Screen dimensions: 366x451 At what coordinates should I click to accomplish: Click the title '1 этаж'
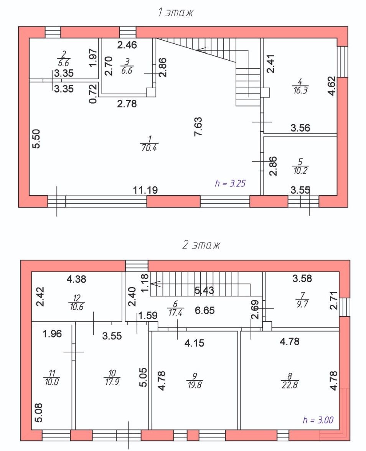(175, 13)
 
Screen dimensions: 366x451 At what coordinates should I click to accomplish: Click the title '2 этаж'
(201, 245)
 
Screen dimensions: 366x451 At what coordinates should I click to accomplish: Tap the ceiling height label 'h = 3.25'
(230, 183)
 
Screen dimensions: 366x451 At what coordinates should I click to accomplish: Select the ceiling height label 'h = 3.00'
(318, 420)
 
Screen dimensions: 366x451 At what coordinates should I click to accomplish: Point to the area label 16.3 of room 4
(300, 91)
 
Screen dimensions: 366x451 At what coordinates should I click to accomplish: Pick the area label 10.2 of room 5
(300, 171)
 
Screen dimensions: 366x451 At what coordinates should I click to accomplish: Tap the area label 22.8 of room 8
(289, 385)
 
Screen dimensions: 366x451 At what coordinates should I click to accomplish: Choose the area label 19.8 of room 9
(195, 385)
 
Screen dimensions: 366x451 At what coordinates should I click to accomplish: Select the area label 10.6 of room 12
(77, 307)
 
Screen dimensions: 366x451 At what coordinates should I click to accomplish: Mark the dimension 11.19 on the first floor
(145, 190)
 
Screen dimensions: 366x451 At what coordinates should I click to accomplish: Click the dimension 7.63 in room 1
(199, 127)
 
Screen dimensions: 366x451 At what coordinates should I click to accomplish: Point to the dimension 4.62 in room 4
(332, 86)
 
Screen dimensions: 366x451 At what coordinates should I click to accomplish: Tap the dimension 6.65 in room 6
(204, 310)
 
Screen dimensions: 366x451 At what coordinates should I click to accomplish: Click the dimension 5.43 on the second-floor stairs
(204, 291)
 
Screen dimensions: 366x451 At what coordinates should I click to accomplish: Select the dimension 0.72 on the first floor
(93, 94)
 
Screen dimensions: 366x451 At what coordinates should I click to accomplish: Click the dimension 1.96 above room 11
(52, 334)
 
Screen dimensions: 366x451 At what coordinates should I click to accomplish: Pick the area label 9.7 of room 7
(302, 304)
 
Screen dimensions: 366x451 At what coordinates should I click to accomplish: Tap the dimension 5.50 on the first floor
(36, 139)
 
